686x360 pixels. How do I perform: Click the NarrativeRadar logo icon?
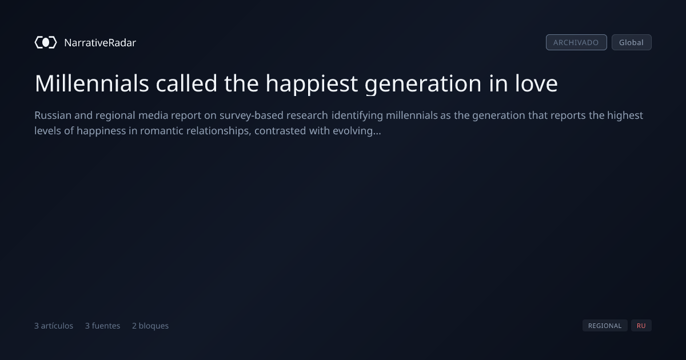pos(46,42)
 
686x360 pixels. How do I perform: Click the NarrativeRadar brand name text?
pos(100,42)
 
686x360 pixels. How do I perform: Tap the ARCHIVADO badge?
pos(576,42)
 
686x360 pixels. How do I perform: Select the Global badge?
pos(632,42)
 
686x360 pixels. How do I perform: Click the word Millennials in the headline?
pos(92,83)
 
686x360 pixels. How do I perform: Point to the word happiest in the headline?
pos(312,84)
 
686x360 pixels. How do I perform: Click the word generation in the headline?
pos(423,84)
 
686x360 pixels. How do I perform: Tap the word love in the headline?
pos(536,83)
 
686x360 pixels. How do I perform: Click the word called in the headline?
pos(186,83)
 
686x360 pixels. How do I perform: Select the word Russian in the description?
pos(53,115)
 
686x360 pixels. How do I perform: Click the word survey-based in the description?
pos(251,116)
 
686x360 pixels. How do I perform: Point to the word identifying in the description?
pos(357,116)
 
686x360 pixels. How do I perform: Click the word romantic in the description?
pos(162,131)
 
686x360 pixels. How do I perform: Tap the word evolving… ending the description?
pos(357,131)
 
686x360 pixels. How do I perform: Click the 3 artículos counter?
pos(54,326)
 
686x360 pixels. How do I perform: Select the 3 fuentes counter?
pos(102,326)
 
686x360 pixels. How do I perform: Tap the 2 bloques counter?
pos(150,326)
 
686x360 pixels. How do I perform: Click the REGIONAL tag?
pos(605,325)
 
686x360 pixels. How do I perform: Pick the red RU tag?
pos(641,325)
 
